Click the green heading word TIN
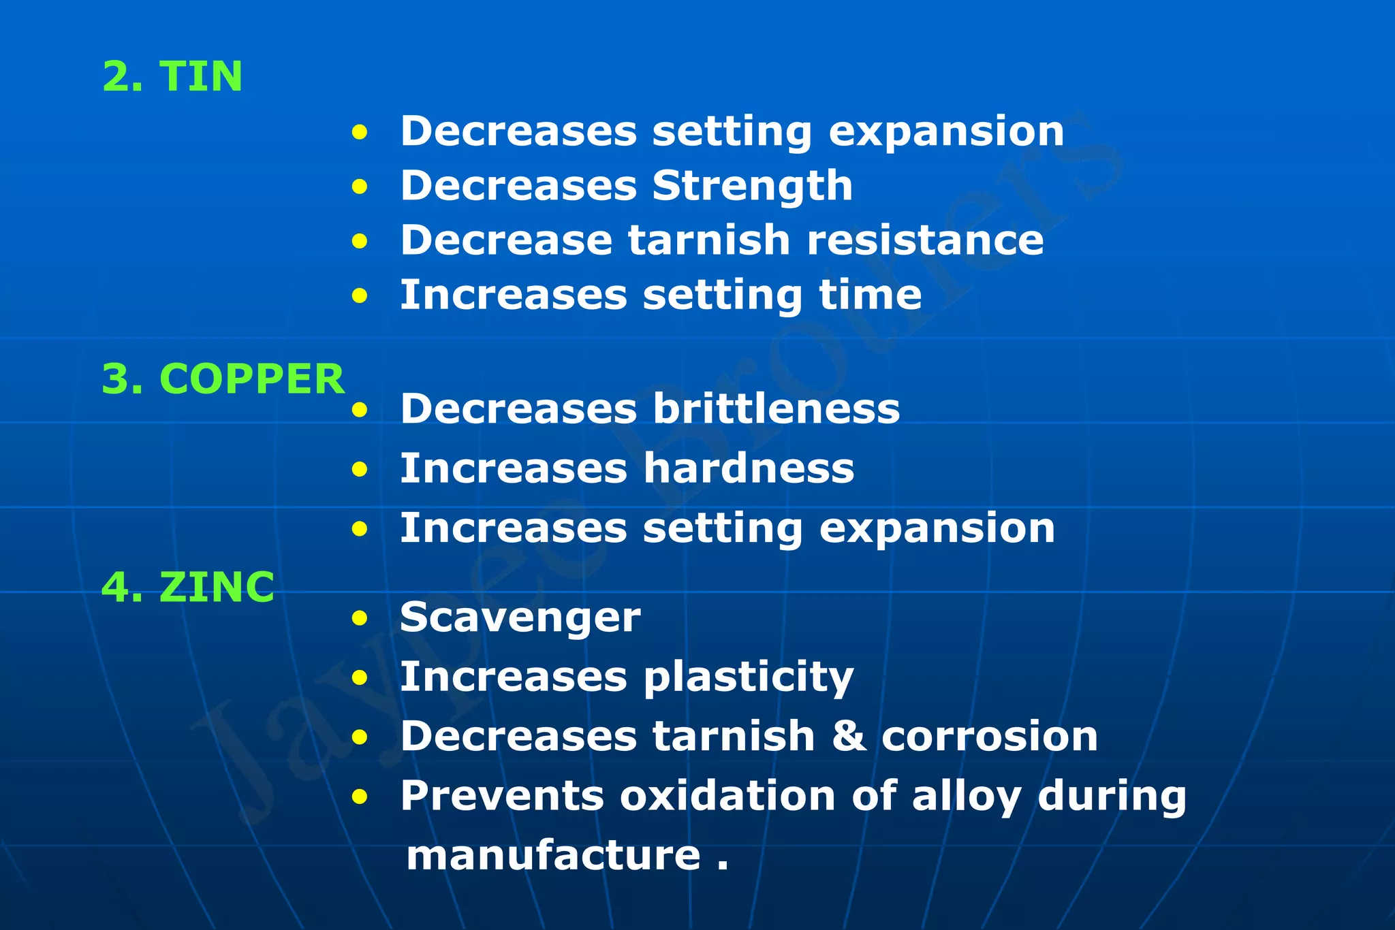[x=200, y=76]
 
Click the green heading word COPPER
[x=252, y=379]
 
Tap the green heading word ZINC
[x=217, y=586]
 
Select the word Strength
[x=752, y=186]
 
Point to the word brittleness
[x=776, y=408]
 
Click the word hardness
[x=749, y=468]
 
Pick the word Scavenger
[x=520, y=618]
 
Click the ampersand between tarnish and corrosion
[x=849, y=736]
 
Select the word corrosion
[x=989, y=736]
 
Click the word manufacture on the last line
[x=553, y=855]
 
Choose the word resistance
[x=924, y=240]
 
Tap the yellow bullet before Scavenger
[x=360, y=618]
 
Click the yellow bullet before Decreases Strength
[x=360, y=187]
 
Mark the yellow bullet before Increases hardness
[x=360, y=469]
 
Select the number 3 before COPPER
[x=115, y=379]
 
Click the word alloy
[x=966, y=797]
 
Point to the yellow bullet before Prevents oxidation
[x=360, y=796]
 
